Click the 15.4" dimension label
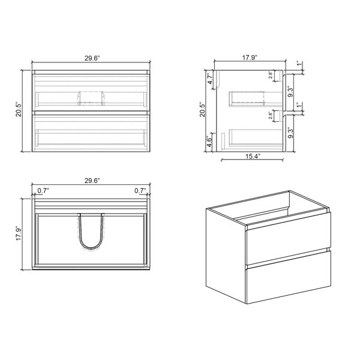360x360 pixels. click(x=253, y=157)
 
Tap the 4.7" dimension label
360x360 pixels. click(x=211, y=79)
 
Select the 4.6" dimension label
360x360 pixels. click(x=209, y=142)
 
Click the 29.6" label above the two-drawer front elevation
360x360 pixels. click(x=92, y=58)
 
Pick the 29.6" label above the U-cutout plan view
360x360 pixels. click(x=92, y=181)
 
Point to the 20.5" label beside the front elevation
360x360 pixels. click(x=19, y=110)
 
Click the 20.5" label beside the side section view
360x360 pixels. click(x=202, y=110)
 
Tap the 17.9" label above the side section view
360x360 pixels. click(x=250, y=58)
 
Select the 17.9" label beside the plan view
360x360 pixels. click(x=19, y=234)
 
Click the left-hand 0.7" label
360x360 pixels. click(x=43, y=191)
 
